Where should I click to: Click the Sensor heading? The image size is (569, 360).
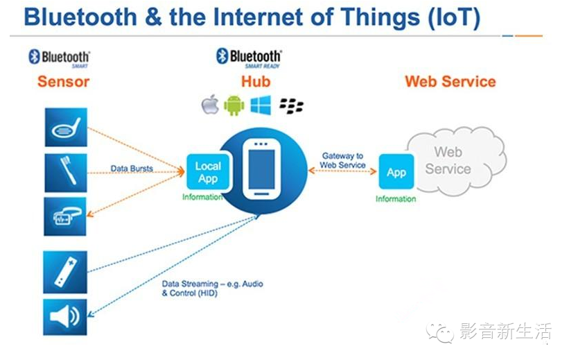click(x=63, y=81)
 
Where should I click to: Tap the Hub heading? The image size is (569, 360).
click(x=255, y=81)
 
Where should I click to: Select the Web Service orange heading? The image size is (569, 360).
click(x=450, y=81)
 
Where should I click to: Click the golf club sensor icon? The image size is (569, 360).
click(x=66, y=127)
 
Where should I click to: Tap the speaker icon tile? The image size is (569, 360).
click(x=66, y=317)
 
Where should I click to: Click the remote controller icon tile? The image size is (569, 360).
click(x=66, y=271)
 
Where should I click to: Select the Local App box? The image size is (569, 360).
click(x=207, y=172)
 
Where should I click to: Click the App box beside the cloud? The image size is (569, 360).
click(x=396, y=173)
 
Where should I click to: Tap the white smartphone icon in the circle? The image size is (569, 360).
click(x=261, y=169)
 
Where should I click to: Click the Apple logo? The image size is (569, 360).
click(x=210, y=105)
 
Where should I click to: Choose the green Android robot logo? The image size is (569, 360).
click(x=234, y=105)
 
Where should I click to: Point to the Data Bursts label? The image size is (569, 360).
click(x=132, y=169)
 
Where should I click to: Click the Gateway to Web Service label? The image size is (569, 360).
click(x=342, y=161)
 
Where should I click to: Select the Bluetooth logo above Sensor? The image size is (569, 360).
click(x=60, y=57)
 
